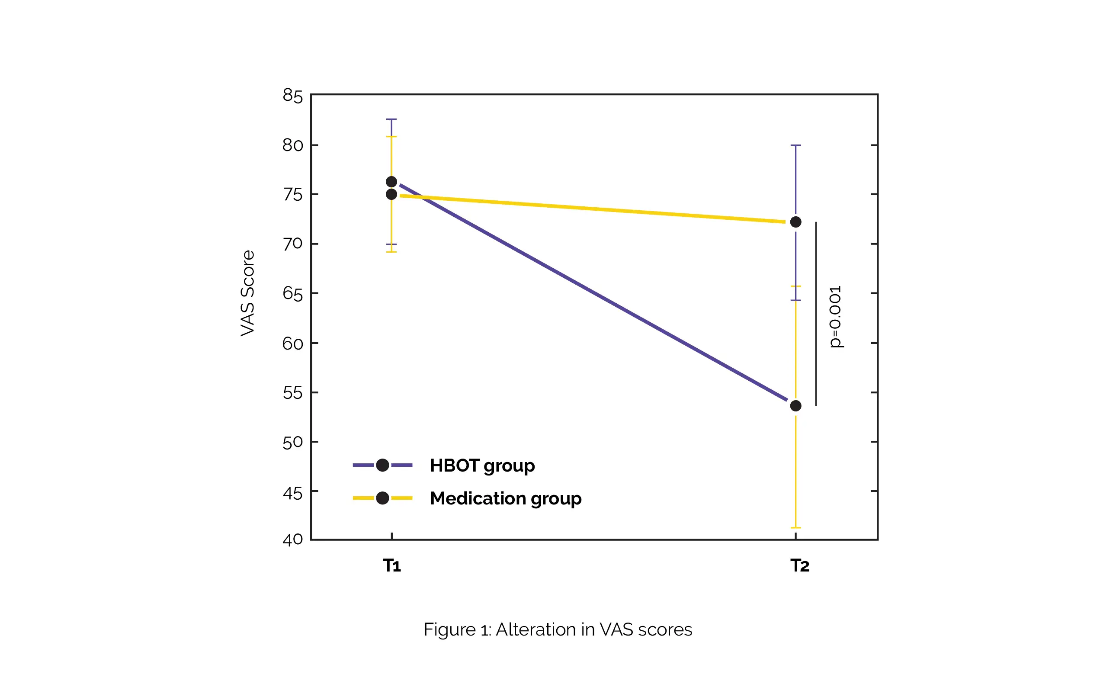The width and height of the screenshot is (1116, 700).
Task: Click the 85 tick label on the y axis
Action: tap(292, 96)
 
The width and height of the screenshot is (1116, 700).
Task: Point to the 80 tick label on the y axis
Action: tap(292, 145)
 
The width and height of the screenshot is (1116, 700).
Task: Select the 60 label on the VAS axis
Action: tap(292, 344)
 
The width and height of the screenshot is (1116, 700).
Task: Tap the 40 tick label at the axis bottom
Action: tap(292, 539)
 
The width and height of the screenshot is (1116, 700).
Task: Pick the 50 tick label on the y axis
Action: tap(292, 443)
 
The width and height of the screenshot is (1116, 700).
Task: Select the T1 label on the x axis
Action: tap(391, 566)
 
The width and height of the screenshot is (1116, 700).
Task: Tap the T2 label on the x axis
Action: tap(800, 566)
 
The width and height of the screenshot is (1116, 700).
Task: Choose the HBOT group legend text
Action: tap(482, 465)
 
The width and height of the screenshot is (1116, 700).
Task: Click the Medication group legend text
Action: tap(506, 498)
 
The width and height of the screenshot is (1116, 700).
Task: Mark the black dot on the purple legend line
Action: tap(382, 465)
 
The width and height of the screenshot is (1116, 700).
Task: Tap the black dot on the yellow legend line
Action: tap(382, 498)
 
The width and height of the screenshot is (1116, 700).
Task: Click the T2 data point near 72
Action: tap(795, 222)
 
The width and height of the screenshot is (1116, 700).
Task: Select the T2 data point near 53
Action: tap(795, 406)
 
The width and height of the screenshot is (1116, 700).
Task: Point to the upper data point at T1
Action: tap(391, 181)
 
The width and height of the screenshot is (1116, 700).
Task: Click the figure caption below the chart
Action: tap(558, 629)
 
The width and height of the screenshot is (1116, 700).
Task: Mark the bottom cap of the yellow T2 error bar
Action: tap(795, 528)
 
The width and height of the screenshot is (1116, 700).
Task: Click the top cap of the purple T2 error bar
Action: tap(795, 145)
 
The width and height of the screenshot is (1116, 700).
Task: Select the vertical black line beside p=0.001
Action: tap(816, 314)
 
